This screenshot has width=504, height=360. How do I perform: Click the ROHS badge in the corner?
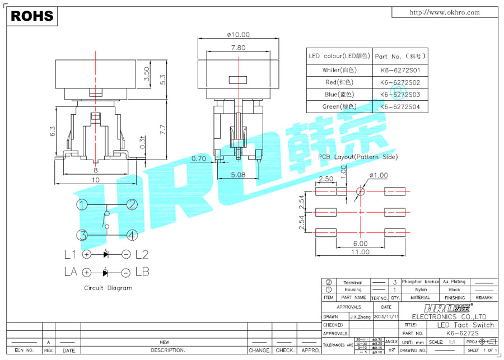(x=32, y=16)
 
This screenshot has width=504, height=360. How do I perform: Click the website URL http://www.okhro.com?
(x=445, y=12)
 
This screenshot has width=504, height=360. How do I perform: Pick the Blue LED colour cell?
(x=339, y=95)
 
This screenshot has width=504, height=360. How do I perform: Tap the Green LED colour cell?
(x=339, y=106)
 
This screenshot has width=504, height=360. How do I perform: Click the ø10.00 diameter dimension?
(x=238, y=35)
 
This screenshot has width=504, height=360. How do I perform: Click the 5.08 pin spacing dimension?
(x=238, y=174)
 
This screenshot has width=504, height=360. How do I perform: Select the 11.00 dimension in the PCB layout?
(x=360, y=252)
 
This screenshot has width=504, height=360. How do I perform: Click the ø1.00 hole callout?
(x=379, y=175)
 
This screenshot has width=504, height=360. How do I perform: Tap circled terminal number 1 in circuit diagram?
(x=82, y=205)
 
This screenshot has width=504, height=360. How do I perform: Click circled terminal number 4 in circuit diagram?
(x=132, y=235)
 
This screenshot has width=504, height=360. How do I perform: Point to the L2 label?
(x=142, y=255)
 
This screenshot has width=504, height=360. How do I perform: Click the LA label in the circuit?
(x=71, y=273)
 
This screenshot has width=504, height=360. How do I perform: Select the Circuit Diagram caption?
(x=108, y=288)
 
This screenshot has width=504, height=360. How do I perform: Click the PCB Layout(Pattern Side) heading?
(x=358, y=157)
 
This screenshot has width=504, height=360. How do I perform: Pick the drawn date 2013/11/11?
(x=386, y=316)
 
